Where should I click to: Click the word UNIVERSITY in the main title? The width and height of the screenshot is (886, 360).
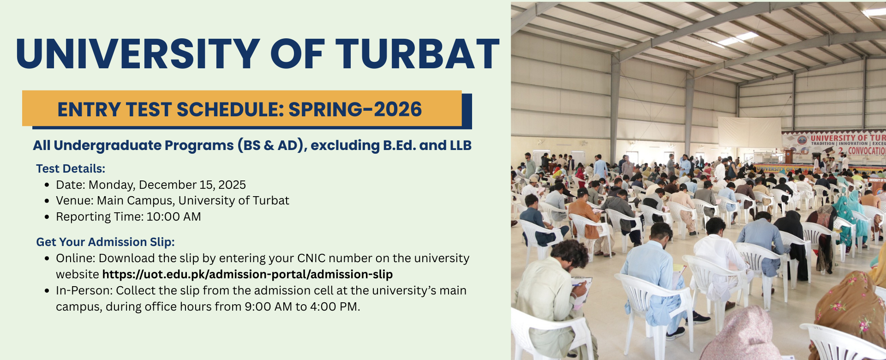(x=138, y=54)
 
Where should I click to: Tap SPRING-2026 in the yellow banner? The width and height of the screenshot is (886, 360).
(x=355, y=110)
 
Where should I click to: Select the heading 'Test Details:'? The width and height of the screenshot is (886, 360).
(x=71, y=169)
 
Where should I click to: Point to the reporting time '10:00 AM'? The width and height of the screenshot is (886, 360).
(x=174, y=217)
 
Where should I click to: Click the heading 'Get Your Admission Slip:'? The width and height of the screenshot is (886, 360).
(x=105, y=242)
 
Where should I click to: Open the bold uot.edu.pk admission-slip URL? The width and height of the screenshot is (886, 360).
(x=247, y=275)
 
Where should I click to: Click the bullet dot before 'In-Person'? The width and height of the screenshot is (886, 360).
(x=47, y=291)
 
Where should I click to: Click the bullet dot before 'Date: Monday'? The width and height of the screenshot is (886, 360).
(x=47, y=185)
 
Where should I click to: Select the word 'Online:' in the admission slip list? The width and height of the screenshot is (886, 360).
(x=76, y=258)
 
